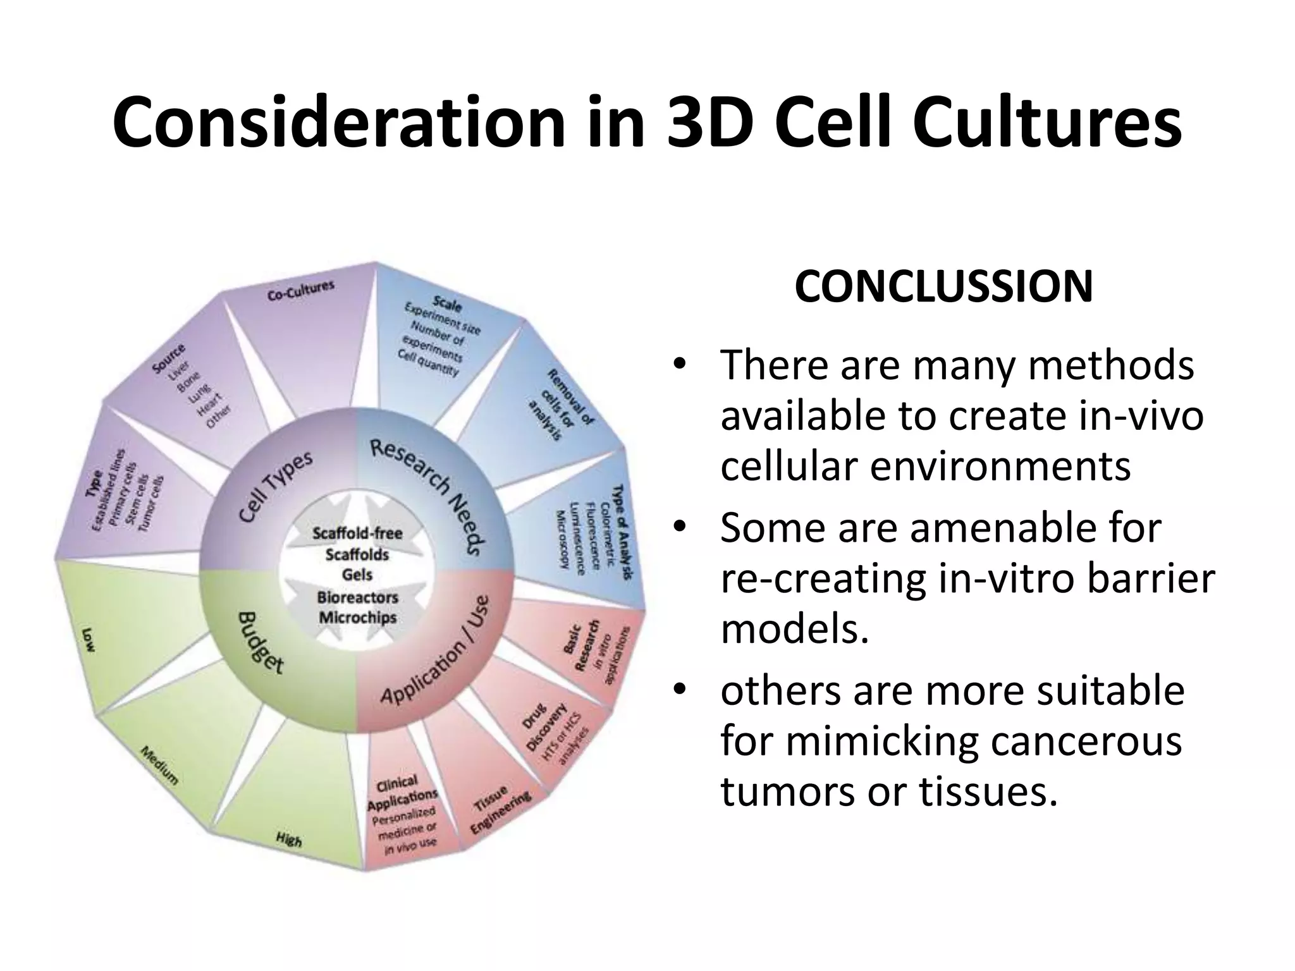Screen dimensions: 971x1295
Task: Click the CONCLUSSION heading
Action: (943, 287)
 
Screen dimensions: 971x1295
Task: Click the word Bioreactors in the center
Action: (358, 597)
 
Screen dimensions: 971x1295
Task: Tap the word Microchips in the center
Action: (358, 617)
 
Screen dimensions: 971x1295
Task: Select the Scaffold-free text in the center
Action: (357, 533)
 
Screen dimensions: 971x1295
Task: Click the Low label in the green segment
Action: (88, 639)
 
